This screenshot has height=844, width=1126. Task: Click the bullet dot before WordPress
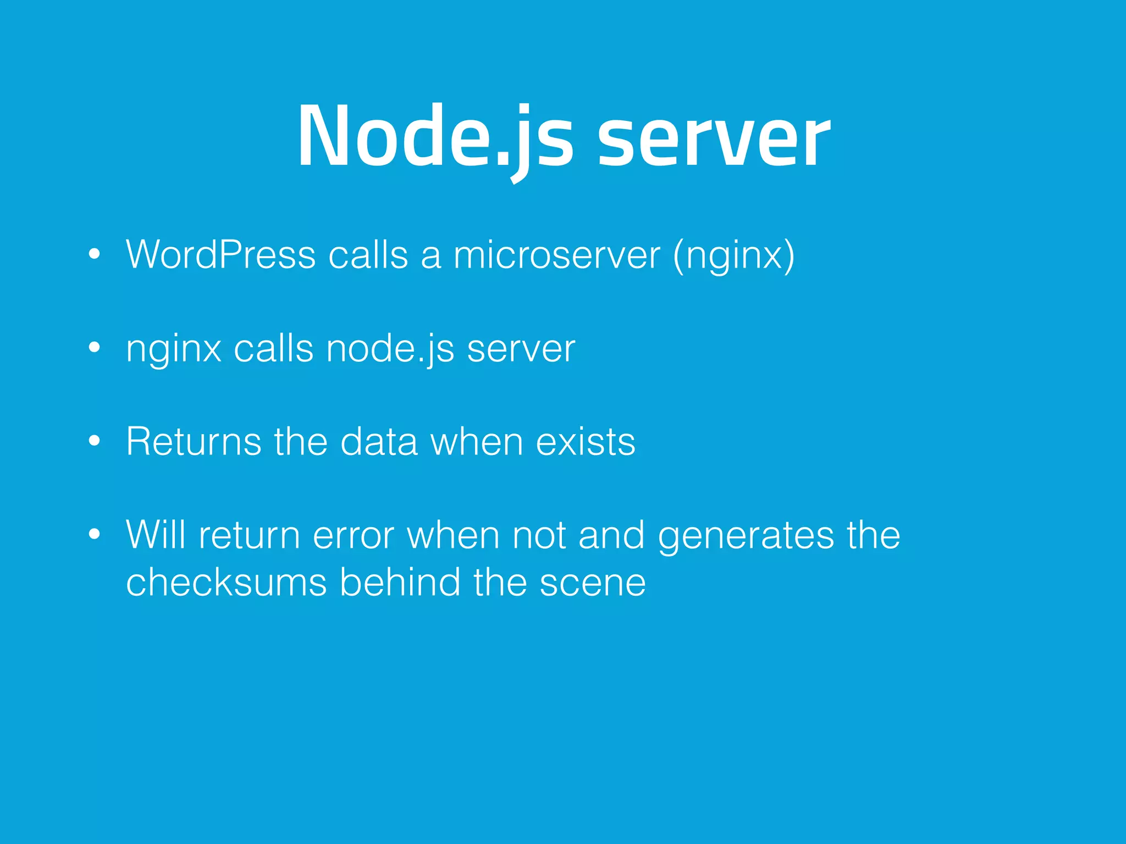pos(95,254)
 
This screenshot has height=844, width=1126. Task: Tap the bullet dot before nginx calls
pos(95,347)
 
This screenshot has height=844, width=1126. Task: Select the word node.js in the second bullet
pos(390,348)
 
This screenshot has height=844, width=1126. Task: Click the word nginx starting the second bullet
pos(174,349)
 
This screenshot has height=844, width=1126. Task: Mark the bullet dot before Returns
pos(95,441)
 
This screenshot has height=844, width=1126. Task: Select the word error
pos(354,535)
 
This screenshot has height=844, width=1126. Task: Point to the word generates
pos(746,536)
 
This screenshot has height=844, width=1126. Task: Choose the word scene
pos(593,584)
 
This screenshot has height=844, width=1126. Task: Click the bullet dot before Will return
pos(95,534)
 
